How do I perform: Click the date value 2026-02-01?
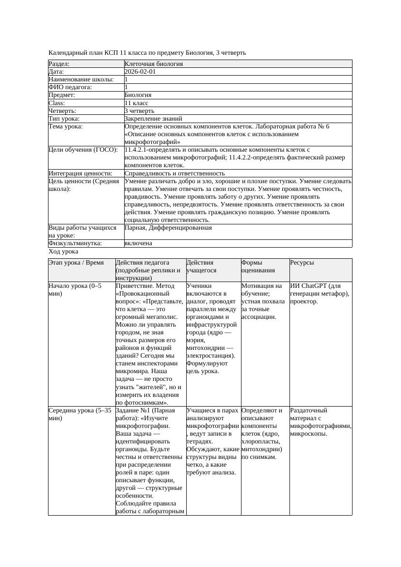click(x=140, y=72)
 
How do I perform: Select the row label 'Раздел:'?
click(x=59, y=64)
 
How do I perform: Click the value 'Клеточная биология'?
click(x=154, y=64)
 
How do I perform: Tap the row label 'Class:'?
click(x=57, y=103)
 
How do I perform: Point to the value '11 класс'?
click(x=136, y=103)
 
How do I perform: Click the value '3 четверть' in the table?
click(x=139, y=111)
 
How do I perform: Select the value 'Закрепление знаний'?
click(x=153, y=119)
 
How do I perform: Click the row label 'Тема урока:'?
click(x=65, y=126)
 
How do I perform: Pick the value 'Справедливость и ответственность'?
click(x=175, y=173)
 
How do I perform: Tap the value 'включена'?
click(x=138, y=243)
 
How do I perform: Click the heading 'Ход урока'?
click(x=64, y=252)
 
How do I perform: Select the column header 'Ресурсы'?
click(x=302, y=263)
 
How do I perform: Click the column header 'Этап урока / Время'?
click(x=76, y=263)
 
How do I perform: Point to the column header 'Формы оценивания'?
click(x=258, y=267)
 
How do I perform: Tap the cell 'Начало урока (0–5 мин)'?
click(x=75, y=290)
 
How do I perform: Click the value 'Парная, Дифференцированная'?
click(x=168, y=228)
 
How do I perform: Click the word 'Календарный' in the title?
click(x=67, y=52)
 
